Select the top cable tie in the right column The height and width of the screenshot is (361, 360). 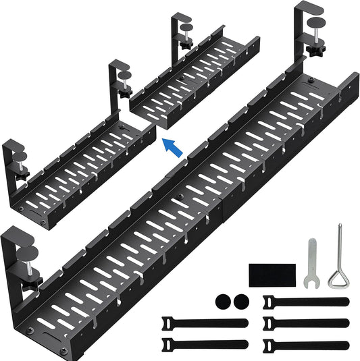click(305, 301)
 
